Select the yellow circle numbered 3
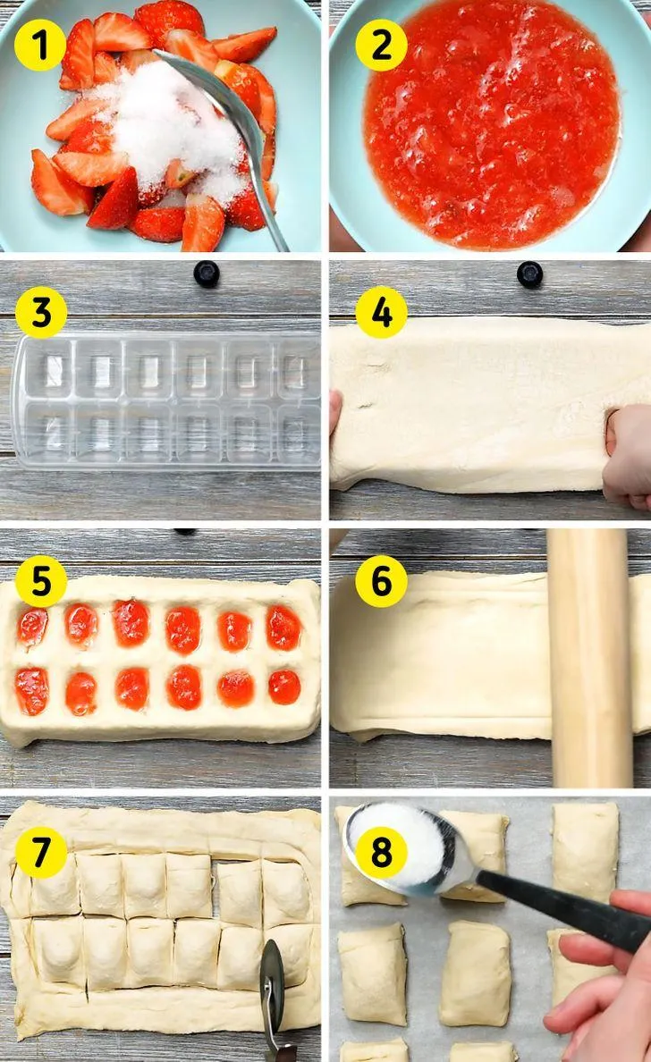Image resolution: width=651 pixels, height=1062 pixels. [41, 313]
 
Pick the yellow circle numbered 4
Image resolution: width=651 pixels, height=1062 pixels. [381, 313]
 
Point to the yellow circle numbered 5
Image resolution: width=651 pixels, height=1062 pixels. [41, 581]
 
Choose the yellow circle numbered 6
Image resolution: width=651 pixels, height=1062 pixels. [381, 581]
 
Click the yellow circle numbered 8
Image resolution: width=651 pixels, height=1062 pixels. [381, 851]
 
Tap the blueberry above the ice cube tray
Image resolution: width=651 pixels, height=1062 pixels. [207, 274]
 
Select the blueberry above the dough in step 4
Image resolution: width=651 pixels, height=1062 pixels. [529, 274]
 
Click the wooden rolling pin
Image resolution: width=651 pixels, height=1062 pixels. [589, 657]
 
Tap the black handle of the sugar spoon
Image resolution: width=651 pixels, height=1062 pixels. [562, 906]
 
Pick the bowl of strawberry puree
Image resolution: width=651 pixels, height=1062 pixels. [490, 125]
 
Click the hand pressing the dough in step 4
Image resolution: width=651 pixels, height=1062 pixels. [628, 455]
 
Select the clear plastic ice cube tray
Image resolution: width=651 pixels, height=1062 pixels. [166, 401]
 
